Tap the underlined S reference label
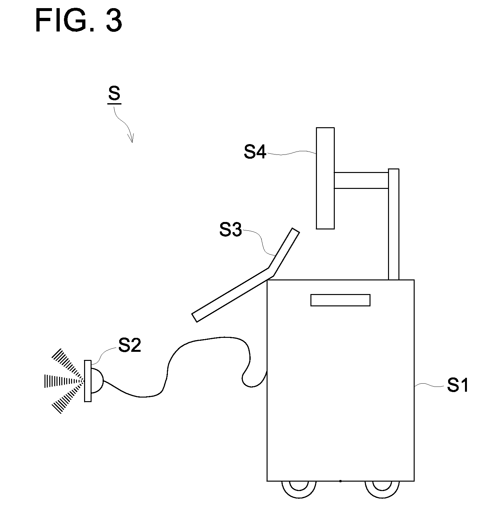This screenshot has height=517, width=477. [114, 94]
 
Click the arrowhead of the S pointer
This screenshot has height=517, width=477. [131, 140]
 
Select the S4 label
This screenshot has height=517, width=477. [255, 152]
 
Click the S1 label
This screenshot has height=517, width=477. [457, 386]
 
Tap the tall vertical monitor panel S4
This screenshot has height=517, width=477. [325, 178]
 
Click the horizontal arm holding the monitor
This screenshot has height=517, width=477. [361, 180]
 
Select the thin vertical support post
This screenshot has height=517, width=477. [394, 224]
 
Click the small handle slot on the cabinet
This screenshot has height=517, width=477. [340, 300]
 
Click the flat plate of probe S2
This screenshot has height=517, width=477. [88, 381]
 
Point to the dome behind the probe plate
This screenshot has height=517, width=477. [97, 381]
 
